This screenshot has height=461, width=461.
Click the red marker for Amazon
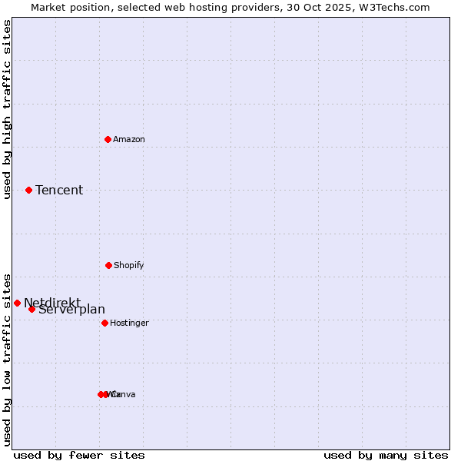click(108, 139)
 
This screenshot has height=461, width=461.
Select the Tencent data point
click(28, 190)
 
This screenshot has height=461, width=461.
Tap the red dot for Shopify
click(108, 265)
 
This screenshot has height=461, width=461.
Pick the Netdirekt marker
click(17, 303)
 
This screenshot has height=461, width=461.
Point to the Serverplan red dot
click(32, 309)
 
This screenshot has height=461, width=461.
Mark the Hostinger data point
click(104, 323)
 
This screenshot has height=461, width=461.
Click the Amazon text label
click(129, 139)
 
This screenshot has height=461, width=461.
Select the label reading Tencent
click(59, 190)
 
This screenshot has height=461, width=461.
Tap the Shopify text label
click(129, 265)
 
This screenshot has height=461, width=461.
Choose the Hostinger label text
click(129, 323)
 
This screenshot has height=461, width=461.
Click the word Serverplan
click(72, 310)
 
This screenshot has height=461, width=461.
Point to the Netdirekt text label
click(51, 302)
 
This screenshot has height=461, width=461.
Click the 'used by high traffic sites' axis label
click(7, 109)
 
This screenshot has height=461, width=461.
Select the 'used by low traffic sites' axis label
click(7, 359)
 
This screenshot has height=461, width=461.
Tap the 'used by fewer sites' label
click(79, 455)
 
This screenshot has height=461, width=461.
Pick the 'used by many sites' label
click(386, 455)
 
